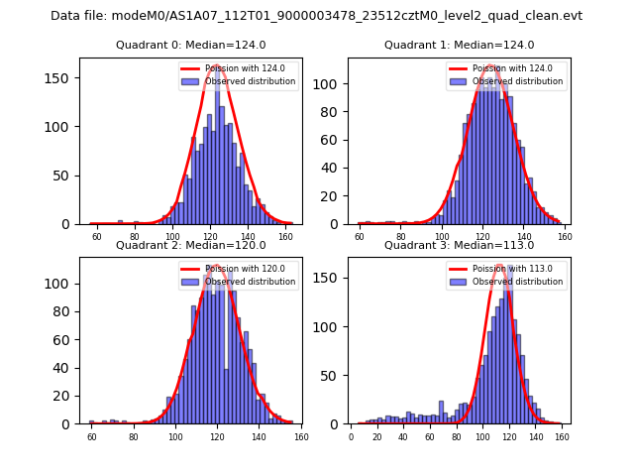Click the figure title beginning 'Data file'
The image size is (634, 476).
(x=316, y=16)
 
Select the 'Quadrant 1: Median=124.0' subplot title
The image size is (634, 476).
(x=459, y=45)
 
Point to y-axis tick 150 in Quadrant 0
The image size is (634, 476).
(x=65, y=78)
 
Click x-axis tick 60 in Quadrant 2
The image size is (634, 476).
(x=92, y=436)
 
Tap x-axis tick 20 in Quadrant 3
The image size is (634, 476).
(x=377, y=436)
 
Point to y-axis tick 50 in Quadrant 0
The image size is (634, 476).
(x=68, y=176)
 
